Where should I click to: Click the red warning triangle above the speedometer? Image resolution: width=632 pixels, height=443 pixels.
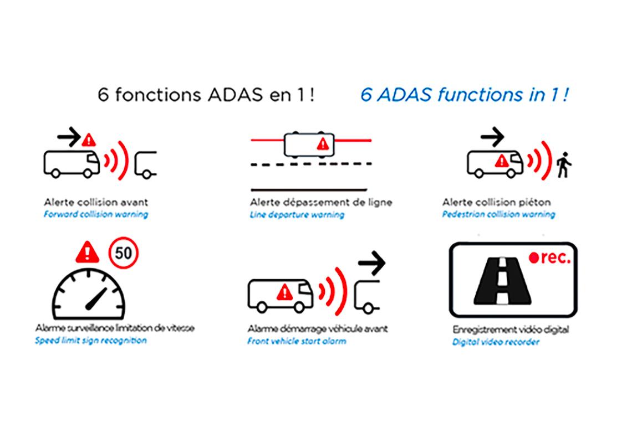point(88,252)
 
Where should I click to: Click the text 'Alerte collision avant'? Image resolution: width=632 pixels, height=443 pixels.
point(96,202)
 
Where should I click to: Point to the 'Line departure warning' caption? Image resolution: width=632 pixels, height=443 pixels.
point(297,215)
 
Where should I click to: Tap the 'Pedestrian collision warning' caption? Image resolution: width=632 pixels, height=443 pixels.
point(498,214)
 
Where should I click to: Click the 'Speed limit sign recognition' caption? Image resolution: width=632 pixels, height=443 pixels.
point(91,341)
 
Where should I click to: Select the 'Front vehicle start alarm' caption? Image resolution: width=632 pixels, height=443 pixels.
point(297,341)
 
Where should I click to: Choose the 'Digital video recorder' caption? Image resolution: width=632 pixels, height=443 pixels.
point(496,342)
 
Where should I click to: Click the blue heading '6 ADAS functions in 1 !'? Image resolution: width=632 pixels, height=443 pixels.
point(464,95)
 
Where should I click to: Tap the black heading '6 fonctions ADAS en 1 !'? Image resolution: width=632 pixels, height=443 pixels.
point(206,95)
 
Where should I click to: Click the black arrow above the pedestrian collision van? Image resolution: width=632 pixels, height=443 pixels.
point(491,136)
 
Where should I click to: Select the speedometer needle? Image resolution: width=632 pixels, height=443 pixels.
point(95,298)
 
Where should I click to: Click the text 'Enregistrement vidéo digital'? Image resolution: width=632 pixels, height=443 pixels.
point(510,330)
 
